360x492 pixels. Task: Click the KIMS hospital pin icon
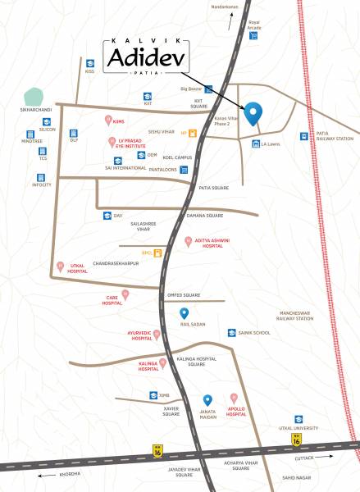[x=108, y=121]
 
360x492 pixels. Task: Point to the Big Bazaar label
[x=190, y=89]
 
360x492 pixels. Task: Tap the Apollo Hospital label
[x=236, y=411]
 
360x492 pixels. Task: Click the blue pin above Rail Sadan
[x=185, y=313]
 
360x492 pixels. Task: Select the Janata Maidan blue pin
[x=207, y=400]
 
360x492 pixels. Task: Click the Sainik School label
[x=254, y=333]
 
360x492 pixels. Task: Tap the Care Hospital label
[x=112, y=301]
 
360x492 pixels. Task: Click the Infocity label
[x=42, y=184]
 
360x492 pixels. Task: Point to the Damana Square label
[x=204, y=215]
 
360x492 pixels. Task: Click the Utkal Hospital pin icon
[x=59, y=265]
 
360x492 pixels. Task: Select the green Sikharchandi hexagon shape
[x=35, y=96]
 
